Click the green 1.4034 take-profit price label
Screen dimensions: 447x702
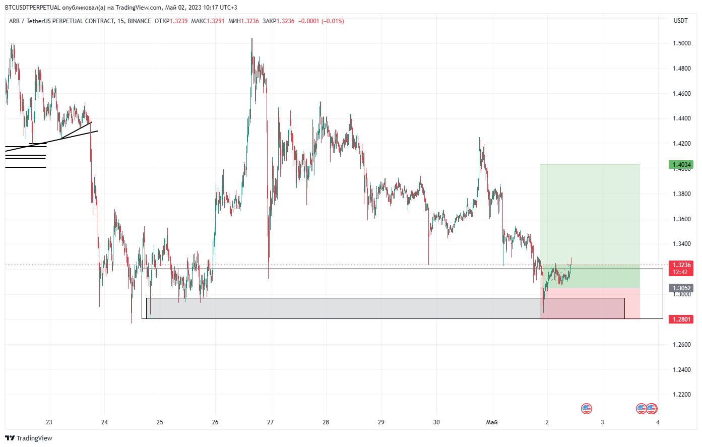point(681,164)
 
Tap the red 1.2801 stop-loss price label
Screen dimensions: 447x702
point(681,319)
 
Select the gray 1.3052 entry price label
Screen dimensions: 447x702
point(681,288)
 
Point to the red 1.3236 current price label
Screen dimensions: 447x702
point(681,265)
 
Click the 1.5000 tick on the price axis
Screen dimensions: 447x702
point(682,43)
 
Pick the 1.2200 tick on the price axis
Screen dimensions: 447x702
point(682,395)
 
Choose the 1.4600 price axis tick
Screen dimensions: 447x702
point(682,94)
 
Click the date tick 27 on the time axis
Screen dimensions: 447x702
point(271,422)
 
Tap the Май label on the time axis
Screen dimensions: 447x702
point(492,422)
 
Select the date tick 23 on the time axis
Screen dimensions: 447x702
point(49,422)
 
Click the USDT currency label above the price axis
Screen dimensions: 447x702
point(681,21)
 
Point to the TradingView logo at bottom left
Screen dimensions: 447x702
point(29,438)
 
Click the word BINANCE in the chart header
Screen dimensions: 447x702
point(139,21)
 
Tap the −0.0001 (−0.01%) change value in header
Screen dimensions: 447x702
point(321,21)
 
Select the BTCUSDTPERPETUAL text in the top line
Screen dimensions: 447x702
point(33,8)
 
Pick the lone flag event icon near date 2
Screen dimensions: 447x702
point(586,409)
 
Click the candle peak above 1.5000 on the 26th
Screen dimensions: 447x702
point(252,39)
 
